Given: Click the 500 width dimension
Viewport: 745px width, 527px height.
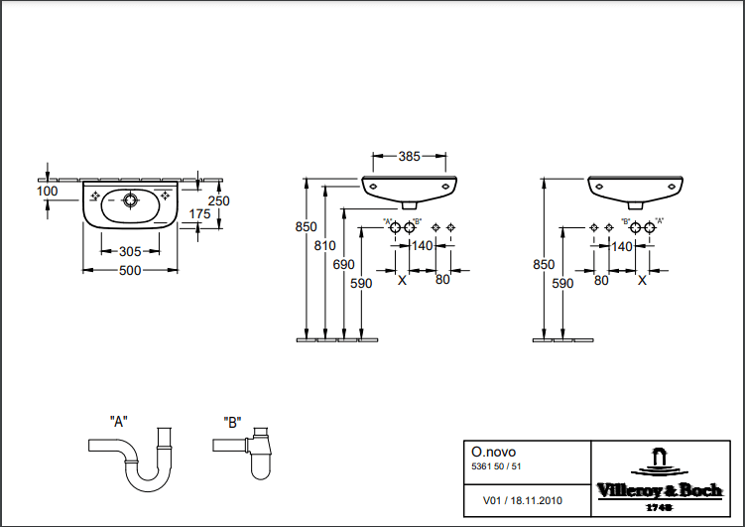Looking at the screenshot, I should [x=130, y=270].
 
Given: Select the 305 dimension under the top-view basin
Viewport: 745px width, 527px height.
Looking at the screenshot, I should [x=129, y=251].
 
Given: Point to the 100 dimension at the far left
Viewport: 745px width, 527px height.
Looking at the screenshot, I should [x=47, y=190].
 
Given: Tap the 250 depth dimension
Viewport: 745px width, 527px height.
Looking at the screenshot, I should [x=218, y=200].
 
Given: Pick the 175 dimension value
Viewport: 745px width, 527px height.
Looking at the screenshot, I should [x=198, y=213].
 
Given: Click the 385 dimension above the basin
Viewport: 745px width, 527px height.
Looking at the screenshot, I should [x=410, y=156].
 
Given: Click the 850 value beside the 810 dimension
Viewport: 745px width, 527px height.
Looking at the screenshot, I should [x=308, y=227].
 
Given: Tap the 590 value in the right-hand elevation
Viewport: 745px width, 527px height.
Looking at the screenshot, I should [x=562, y=283].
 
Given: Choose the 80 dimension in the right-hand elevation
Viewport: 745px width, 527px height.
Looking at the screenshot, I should [x=600, y=280].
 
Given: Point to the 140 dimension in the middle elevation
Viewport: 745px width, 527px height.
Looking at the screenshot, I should [x=423, y=246].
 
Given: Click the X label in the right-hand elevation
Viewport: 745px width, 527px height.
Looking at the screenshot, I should [x=642, y=281].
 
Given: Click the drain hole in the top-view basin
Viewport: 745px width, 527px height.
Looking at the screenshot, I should [x=129, y=199].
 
